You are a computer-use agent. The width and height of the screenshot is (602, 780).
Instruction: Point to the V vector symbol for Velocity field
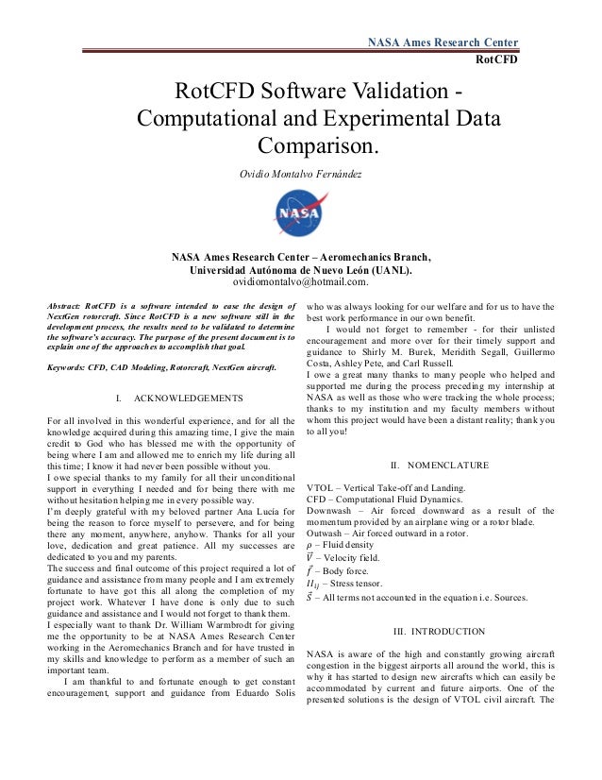tap(312, 558)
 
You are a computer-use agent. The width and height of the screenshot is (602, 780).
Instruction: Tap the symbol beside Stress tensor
tap(314, 585)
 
